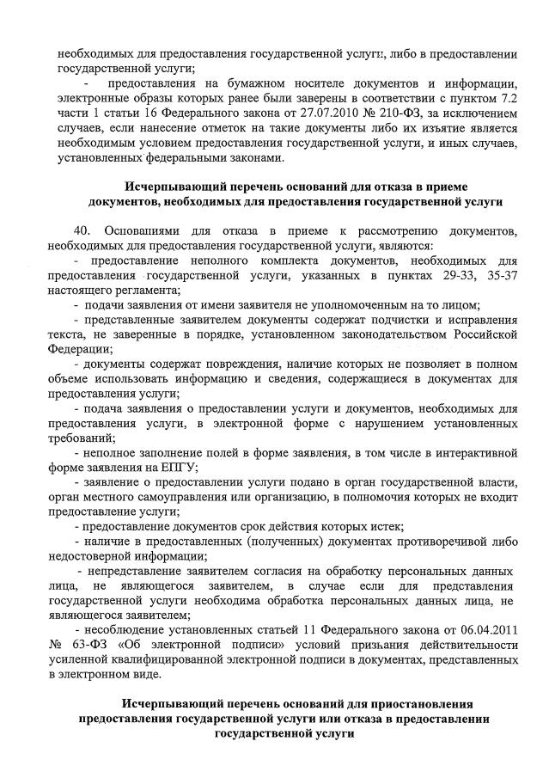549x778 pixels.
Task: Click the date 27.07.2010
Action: coord(325,113)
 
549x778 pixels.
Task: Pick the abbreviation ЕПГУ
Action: coord(178,466)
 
